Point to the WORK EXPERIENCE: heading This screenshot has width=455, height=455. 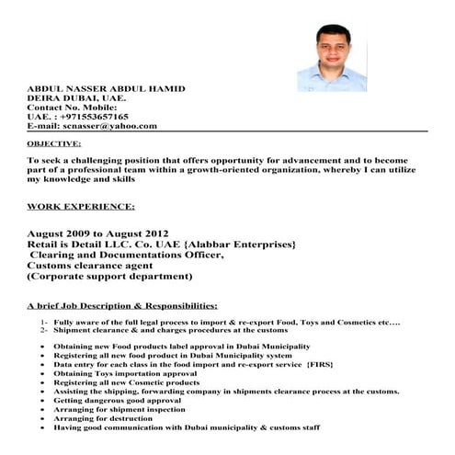[x=81, y=206]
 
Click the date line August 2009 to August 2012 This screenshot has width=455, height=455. [x=110, y=233]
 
